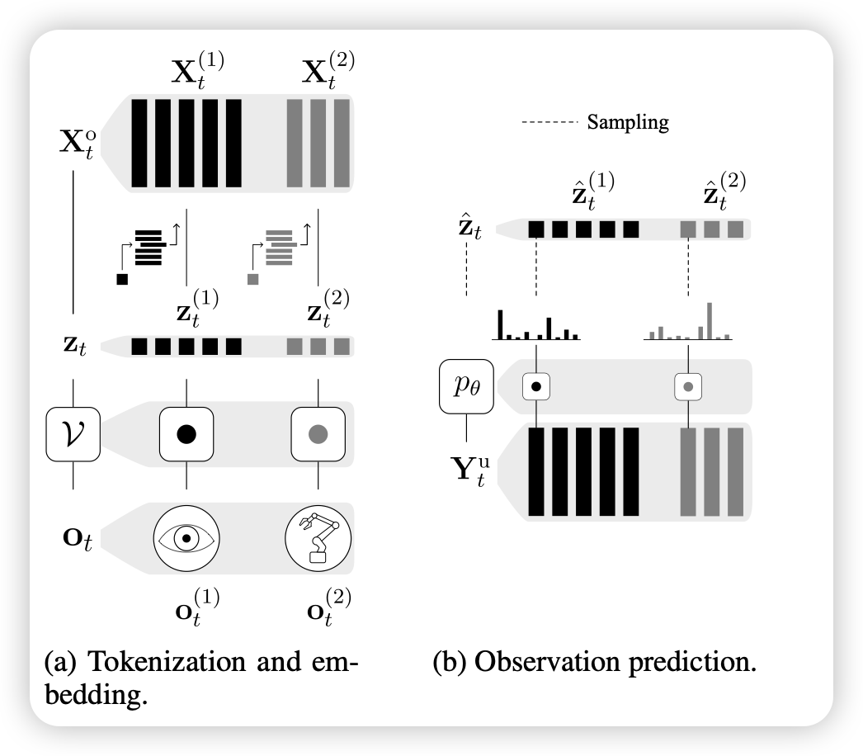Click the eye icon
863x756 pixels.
[186, 537]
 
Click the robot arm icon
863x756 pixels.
[318, 537]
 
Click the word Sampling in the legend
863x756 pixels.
[627, 124]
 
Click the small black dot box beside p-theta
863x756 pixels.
[536, 385]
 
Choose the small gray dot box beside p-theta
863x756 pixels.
[688, 385]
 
